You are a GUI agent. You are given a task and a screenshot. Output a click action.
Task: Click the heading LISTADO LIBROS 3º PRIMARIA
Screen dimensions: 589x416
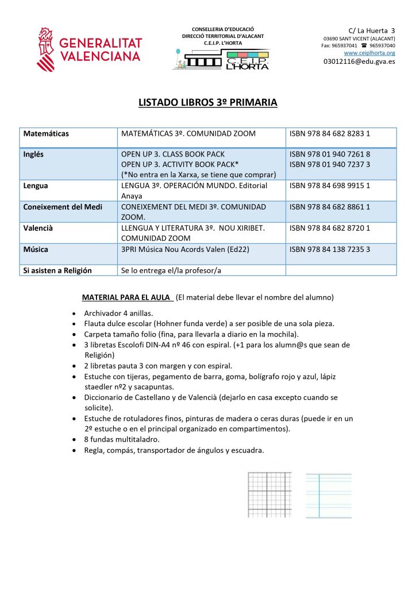pos(208,103)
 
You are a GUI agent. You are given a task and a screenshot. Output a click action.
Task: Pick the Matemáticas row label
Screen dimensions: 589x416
pos(46,134)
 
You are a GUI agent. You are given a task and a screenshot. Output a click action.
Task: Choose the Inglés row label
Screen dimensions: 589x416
pos(33,155)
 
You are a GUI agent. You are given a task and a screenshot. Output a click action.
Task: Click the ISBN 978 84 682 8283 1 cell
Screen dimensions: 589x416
pos(330,134)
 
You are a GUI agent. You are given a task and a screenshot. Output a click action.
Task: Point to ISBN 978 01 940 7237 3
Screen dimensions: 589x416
pos(330,165)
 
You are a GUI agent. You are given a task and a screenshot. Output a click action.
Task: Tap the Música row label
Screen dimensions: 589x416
pos(36,249)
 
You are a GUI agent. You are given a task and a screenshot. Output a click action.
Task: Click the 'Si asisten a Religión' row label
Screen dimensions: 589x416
pos(57,270)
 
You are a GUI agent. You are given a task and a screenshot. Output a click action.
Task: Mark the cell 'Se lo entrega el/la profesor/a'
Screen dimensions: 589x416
pos(171,270)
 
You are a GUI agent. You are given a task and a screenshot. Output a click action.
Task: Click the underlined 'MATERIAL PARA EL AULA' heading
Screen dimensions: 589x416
pos(127,297)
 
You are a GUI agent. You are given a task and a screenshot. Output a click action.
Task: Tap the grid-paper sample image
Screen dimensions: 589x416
pos(269,495)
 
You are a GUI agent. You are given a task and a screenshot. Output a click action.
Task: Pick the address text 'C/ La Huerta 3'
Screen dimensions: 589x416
pos(372,30)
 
